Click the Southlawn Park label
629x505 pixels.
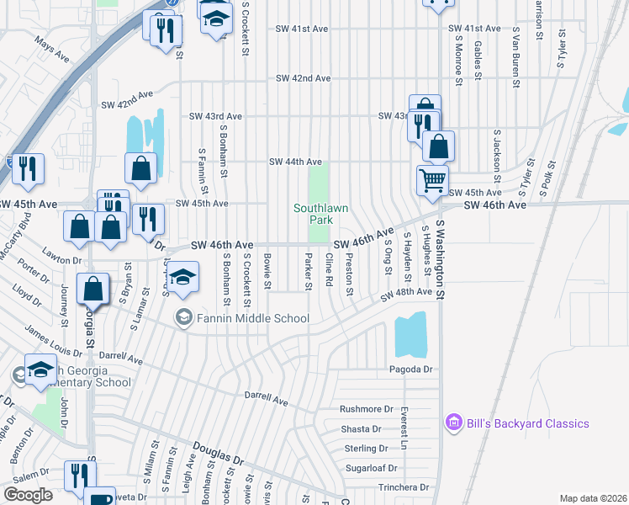pyautogui.click(x=309, y=214)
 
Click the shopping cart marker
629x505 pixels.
pyautogui.click(x=432, y=179)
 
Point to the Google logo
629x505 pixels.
pyautogui.click(x=28, y=495)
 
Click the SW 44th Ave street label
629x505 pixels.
pyautogui.click(x=295, y=162)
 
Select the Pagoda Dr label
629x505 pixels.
pyautogui.click(x=410, y=369)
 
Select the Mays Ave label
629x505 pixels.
pyautogui.click(x=51, y=50)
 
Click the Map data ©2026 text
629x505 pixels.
pyautogui.click(x=592, y=498)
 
